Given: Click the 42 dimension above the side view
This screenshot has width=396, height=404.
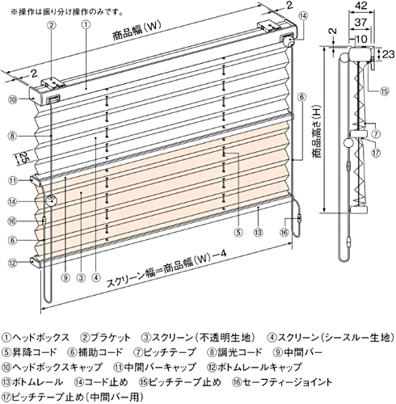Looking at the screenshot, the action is [x=361, y=6].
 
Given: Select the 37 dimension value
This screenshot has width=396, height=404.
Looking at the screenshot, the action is [x=360, y=22].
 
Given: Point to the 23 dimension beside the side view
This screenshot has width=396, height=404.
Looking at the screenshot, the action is [x=388, y=54].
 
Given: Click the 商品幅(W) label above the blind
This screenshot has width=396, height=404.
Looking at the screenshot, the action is [x=137, y=32].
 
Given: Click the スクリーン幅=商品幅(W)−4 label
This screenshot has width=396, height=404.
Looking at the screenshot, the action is [x=166, y=268].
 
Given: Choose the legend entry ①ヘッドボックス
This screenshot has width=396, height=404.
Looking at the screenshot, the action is [x=36, y=337].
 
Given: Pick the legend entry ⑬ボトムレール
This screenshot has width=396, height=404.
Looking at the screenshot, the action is [x=32, y=381].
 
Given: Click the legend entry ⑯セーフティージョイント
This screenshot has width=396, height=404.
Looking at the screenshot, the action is [x=282, y=381].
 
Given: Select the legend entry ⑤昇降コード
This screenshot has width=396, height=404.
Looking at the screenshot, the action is [x=29, y=352].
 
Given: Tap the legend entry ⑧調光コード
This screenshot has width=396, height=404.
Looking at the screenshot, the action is [x=234, y=352].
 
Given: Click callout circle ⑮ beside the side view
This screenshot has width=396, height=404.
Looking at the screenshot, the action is [x=385, y=91].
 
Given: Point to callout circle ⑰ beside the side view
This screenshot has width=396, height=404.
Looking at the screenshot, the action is [x=376, y=153].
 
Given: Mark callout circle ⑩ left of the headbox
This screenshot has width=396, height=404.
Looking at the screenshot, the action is [x=13, y=99].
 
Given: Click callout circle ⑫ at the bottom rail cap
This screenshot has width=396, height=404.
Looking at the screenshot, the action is [x=13, y=263].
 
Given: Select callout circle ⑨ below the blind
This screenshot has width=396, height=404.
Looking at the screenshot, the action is [x=65, y=278].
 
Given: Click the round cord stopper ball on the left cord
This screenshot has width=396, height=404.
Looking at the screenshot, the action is [x=51, y=201].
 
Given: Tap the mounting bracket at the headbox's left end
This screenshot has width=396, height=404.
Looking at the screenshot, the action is [x=53, y=83].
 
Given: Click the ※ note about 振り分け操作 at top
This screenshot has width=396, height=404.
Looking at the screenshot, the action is [x=67, y=12].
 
